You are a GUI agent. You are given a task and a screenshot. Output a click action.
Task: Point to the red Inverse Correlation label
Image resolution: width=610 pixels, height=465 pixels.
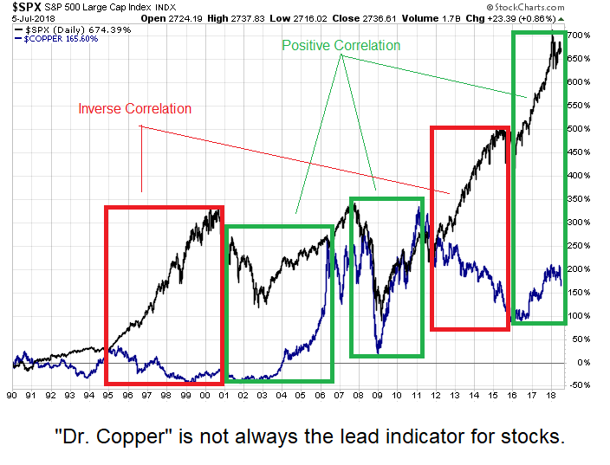[134, 109]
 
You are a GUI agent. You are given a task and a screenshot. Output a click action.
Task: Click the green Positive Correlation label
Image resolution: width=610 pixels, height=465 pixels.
[341, 45]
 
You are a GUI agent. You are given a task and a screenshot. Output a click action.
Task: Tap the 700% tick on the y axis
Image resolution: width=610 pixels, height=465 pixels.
[580, 35]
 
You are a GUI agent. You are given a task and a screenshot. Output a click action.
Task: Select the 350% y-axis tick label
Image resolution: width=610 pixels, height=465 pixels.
[580, 198]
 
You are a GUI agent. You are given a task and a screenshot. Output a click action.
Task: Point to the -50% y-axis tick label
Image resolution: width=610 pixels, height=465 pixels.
[580, 385]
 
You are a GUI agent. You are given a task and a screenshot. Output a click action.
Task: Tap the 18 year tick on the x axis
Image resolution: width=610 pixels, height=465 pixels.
[549, 397]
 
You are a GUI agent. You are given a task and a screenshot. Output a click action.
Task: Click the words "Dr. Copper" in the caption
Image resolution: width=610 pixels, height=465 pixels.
[120, 436]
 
